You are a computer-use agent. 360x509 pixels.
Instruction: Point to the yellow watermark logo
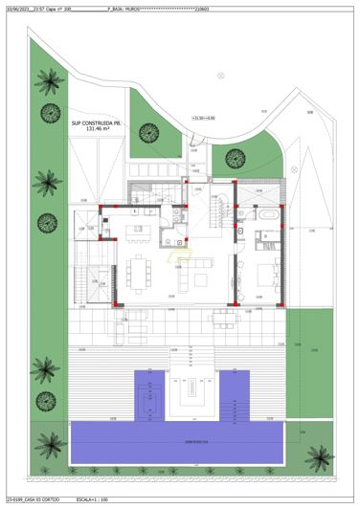[181, 254]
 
